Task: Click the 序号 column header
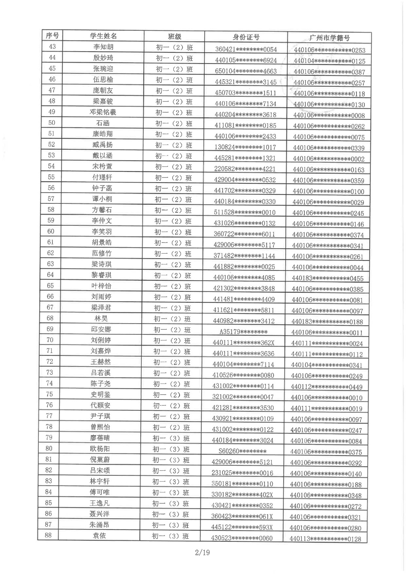click(x=52, y=36)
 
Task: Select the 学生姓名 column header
click(x=103, y=36)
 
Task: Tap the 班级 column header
click(x=174, y=36)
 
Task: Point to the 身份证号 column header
click(x=246, y=37)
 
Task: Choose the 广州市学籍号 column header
click(x=329, y=38)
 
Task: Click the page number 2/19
click(x=202, y=552)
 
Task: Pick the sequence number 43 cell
click(x=52, y=46)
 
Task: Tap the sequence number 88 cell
click(x=48, y=535)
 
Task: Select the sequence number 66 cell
click(x=50, y=296)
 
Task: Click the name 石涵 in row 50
click(x=103, y=123)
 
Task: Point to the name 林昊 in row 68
click(x=101, y=319)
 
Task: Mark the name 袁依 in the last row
click(x=99, y=536)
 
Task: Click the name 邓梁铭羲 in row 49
click(x=103, y=112)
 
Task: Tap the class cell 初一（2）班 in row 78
click(x=171, y=428)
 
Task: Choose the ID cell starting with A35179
click(x=244, y=332)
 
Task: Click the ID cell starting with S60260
click(x=243, y=451)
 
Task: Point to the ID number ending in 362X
click(x=244, y=343)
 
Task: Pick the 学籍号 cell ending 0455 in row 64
click(x=327, y=278)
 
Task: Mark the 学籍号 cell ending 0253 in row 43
click(x=330, y=50)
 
